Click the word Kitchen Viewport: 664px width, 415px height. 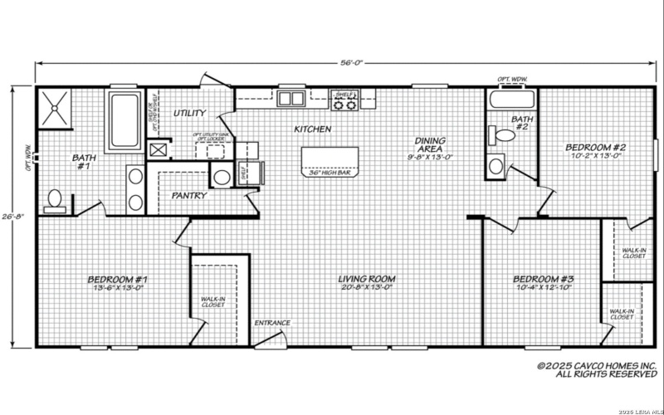click(x=313, y=129)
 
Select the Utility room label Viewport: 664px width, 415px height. click(x=190, y=112)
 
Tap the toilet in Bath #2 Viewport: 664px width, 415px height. click(x=504, y=135)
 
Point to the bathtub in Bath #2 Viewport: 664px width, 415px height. click(x=508, y=101)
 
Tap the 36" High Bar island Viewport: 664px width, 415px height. click(x=330, y=161)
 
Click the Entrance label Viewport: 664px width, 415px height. click(x=272, y=323)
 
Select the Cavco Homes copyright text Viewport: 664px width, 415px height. click(x=596, y=369)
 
